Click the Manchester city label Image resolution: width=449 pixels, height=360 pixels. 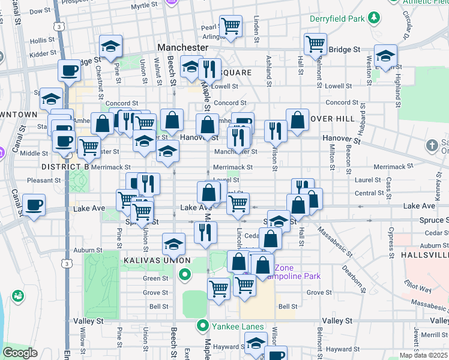[182, 47]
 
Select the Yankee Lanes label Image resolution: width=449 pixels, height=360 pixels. [238, 326]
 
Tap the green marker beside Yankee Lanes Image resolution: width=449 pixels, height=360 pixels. [203, 326]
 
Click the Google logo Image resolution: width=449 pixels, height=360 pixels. [20, 352]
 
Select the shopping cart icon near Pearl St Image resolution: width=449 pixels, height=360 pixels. [231, 26]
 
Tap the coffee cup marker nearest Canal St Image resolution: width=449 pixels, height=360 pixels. [34, 206]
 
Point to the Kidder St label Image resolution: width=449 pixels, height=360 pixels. [42, 54]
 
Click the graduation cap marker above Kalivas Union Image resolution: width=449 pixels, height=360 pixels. [173, 244]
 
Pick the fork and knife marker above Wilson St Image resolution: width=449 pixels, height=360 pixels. [276, 130]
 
